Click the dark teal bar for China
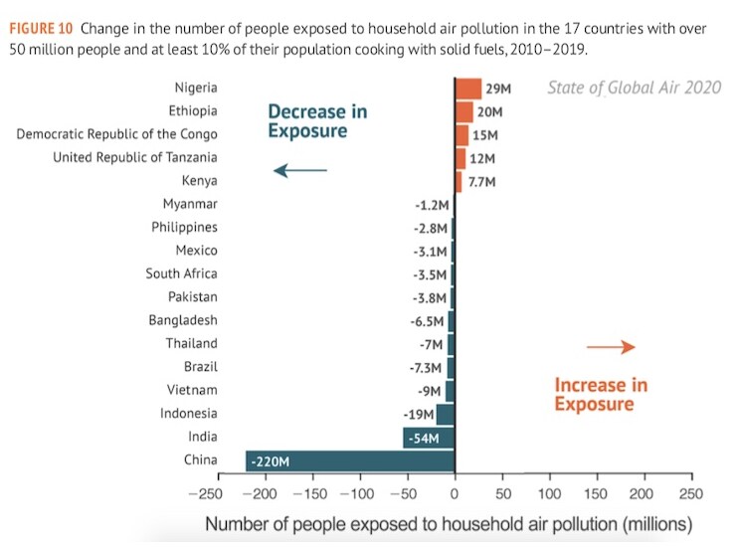pyautogui.click(x=349, y=460)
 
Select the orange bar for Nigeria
pyautogui.click(x=467, y=89)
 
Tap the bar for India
pyautogui.click(x=429, y=438)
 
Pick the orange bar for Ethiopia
pyautogui.click(x=463, y=111)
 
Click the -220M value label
pyautogui.click(x=270, y=461)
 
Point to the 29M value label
pyautogui.click(x=498, y=90)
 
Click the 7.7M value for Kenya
pyautogui.click(x=481, y=182)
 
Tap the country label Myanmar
pyautogui.click(x=190, y=204)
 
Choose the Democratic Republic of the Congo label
pyautogui.click(x=116, y=134)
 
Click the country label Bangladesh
pyautogui.click(x=183, y=320)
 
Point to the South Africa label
pyautogui.click(x=181, y=274)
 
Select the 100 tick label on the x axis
pyautogui.click(x=548, y=494)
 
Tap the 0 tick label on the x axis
pyautogui.click(x=455, y=494)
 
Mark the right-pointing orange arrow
pyautogui.click(x=611, y=347)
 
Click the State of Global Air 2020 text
pyautogui.click(x=634, y=89)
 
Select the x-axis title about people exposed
pyautogui.click(x=448, y=524)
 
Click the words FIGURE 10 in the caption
pyautogui.click(x=41, y=29)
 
